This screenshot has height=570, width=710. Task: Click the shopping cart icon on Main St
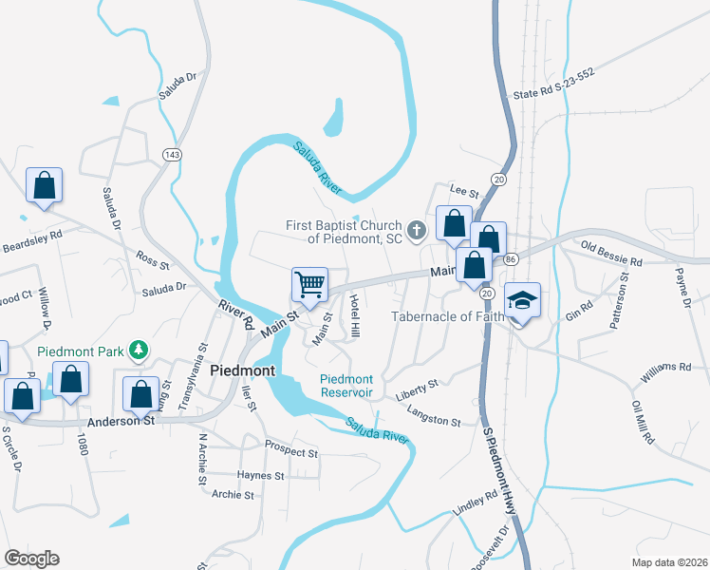(x=309, y=284)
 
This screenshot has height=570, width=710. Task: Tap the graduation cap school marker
(x=522, y=300)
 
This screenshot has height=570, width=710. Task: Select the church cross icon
(x=416, y=230)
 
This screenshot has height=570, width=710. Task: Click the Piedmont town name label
(x=242, y=370)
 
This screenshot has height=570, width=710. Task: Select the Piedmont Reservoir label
(x=346, y=386)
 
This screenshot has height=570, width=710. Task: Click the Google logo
(x=31, y=558)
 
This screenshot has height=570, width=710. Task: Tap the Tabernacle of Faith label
(x=446, y=317)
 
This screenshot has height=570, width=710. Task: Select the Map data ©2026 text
(x=670, y=562)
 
